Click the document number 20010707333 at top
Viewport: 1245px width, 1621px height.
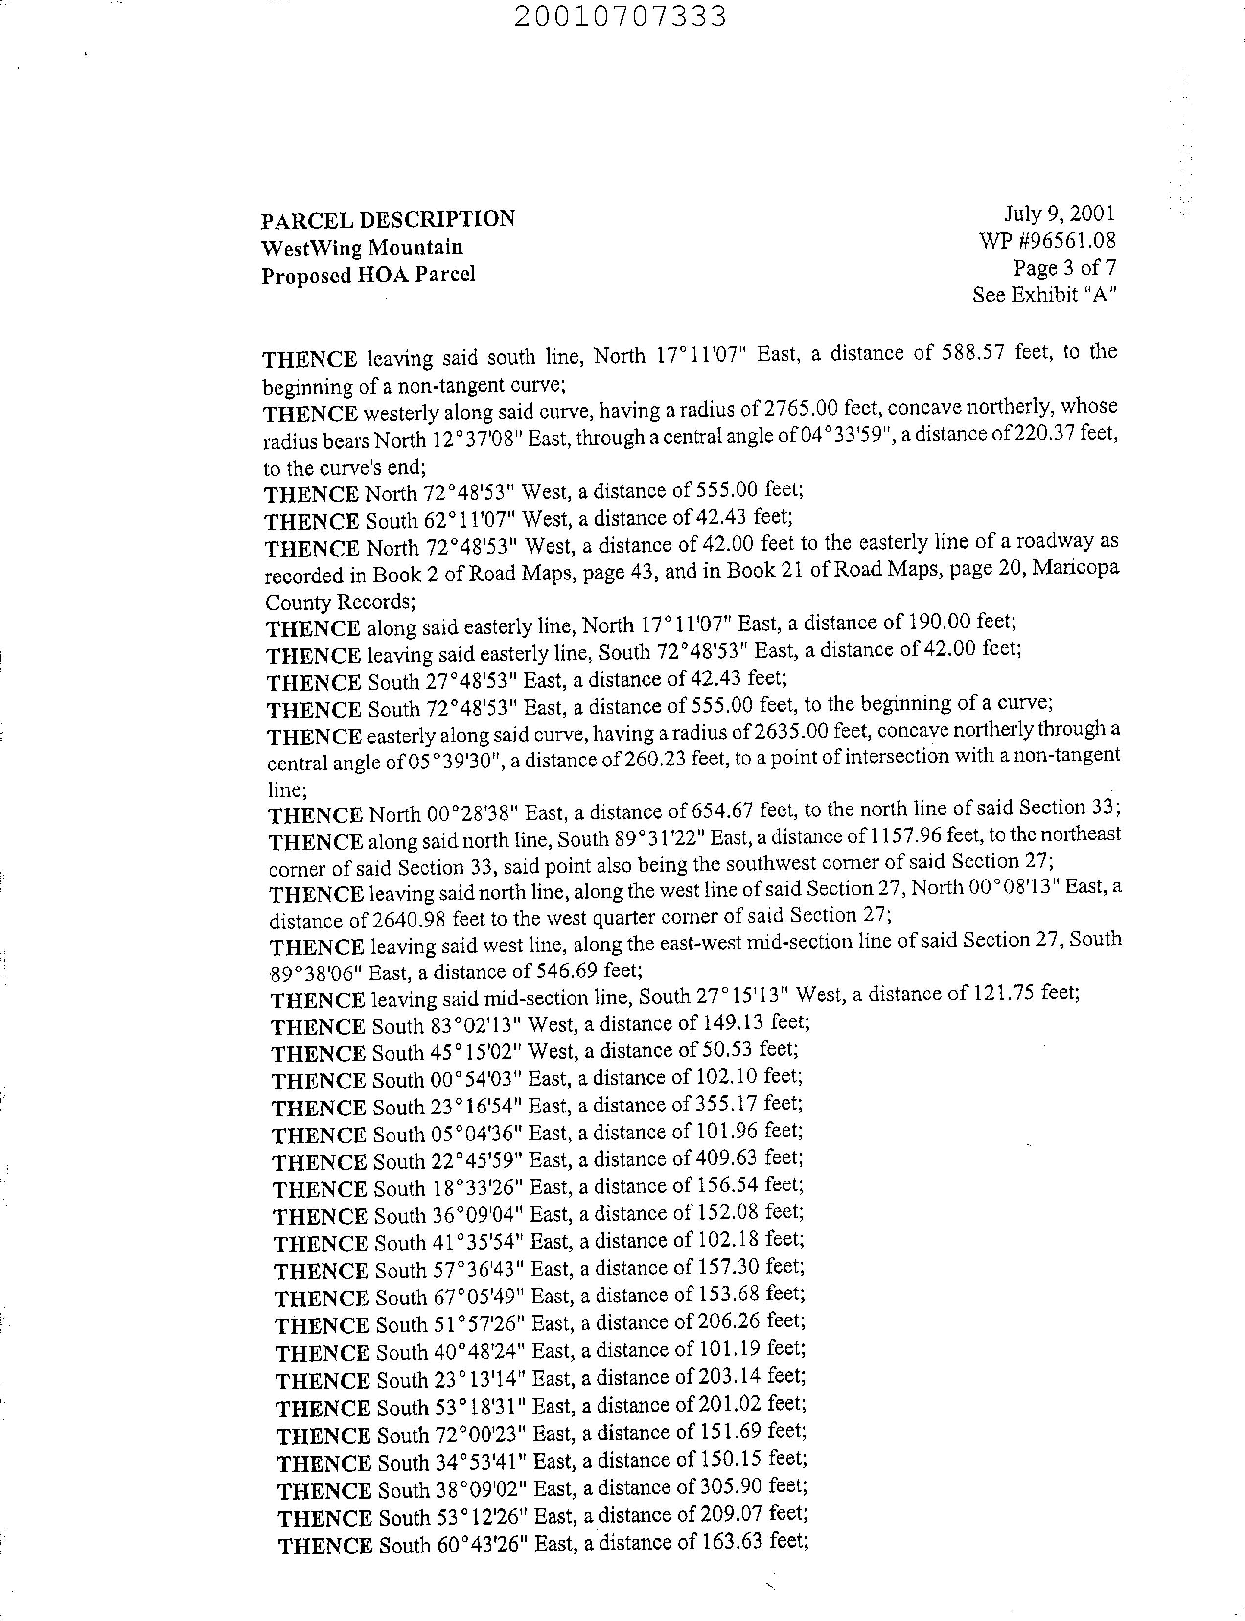click(x=620, y=16)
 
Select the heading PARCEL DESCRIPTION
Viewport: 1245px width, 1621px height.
click(x=388, y=219)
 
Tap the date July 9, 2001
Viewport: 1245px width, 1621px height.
click(x=1059, y=214)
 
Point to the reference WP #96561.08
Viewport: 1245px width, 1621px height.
click(x=1046, y=240)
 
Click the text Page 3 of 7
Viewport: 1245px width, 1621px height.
click(x=1064, y=268)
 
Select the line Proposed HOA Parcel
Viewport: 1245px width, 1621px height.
click(x=368, y=275)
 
